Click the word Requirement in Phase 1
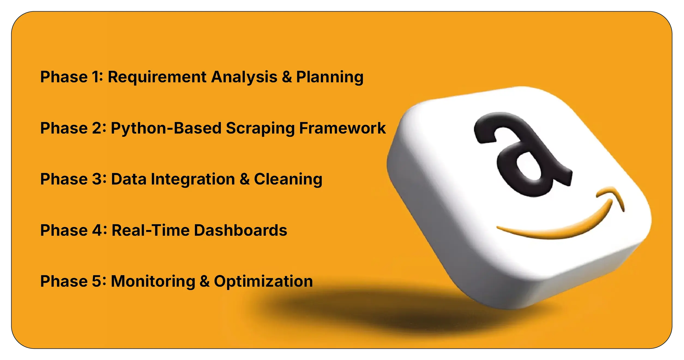[x=157, y=77]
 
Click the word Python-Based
[x=166, y=129]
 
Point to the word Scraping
[x=260, y=129]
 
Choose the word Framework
[x=342, y=128]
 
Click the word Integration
[x=193, y=180]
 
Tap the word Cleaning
[x=288, y=180]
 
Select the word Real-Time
[x=151, y=230]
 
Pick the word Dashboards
[x=241, y=230]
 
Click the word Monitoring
[x=153, y=282]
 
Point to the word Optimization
[x=263, y=282]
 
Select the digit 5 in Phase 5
[x=97, y=281]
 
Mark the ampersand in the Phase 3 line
[x=245, y=179]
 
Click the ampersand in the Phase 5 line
[x=205, y=281]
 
